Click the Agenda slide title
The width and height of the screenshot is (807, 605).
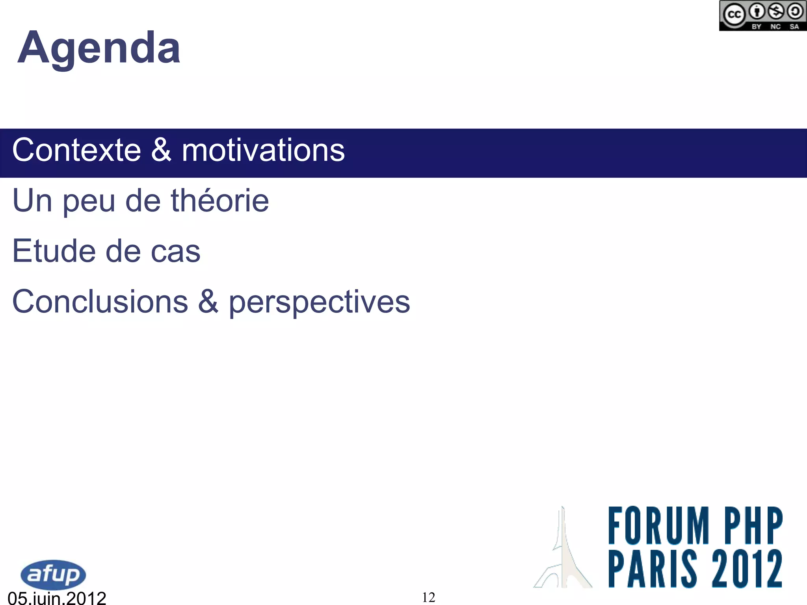coord(99,48)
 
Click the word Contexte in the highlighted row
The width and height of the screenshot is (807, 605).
coord(76,150)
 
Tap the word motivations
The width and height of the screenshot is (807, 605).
coord(263,150)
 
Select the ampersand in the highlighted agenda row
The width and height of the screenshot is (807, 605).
coord(161,150)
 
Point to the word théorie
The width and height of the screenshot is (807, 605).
coord(219,200)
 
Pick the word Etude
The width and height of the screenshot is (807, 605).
coord(54,251)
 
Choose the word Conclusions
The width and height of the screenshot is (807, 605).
coord(100,301)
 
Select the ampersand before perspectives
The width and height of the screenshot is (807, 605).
coord(208,301)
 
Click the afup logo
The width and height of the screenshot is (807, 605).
coord(53,575)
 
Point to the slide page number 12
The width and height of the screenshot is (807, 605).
coord(428,598)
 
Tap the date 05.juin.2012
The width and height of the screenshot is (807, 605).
coord(57,598)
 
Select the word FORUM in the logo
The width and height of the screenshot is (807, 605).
coord(658,525)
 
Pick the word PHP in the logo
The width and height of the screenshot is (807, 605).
coord(753,525)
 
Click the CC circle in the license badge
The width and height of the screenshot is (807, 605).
coord(734,15)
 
